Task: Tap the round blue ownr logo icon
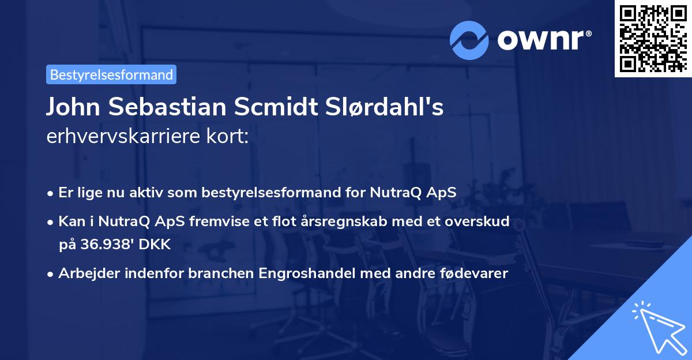[469, 40]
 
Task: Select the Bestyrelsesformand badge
[111, 74]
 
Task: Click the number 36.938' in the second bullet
[104, 244]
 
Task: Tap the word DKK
[155, 244]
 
